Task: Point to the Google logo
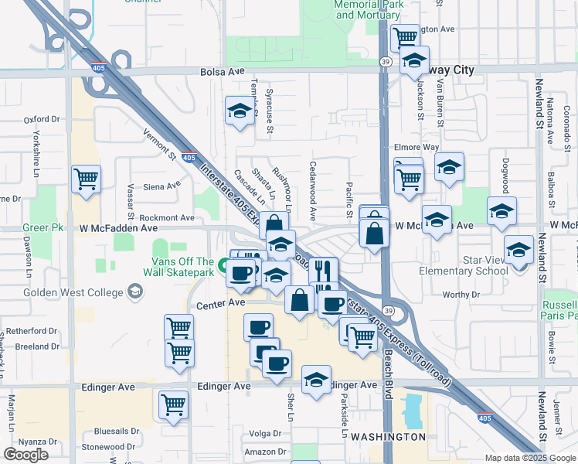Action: tap(26, 455)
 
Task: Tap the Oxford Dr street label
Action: tap(42, 120)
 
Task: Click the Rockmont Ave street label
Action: tap(167, 218)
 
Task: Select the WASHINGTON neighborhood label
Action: tap(388, 436)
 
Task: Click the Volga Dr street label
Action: tap(265, 433)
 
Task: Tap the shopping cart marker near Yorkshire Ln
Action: tap(86, 179)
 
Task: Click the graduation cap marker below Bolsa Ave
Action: tap(240, 111)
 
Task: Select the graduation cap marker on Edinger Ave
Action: tap(316, 380)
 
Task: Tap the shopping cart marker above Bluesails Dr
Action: tap(173, 404)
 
